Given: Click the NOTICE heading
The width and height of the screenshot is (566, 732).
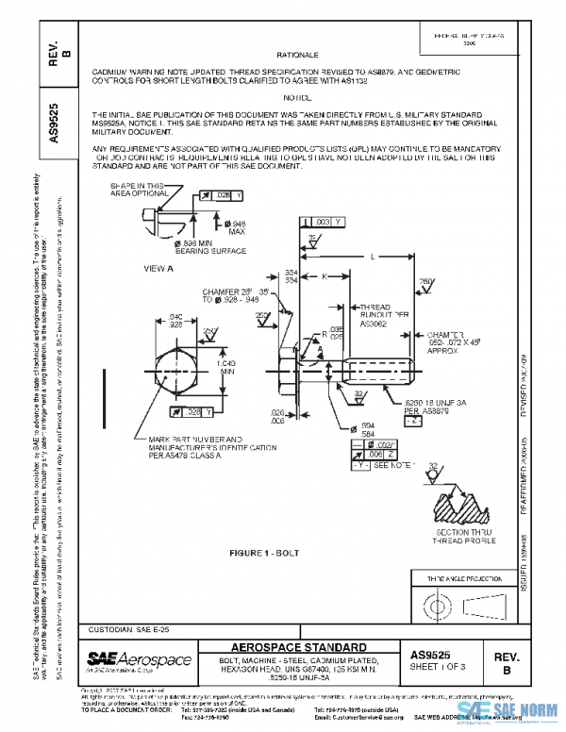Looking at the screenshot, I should [x=297, y=97].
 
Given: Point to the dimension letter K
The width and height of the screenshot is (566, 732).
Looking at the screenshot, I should [x=324, y=276].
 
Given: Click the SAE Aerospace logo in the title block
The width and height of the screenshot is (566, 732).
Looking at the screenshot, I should [x=139, y=658].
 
